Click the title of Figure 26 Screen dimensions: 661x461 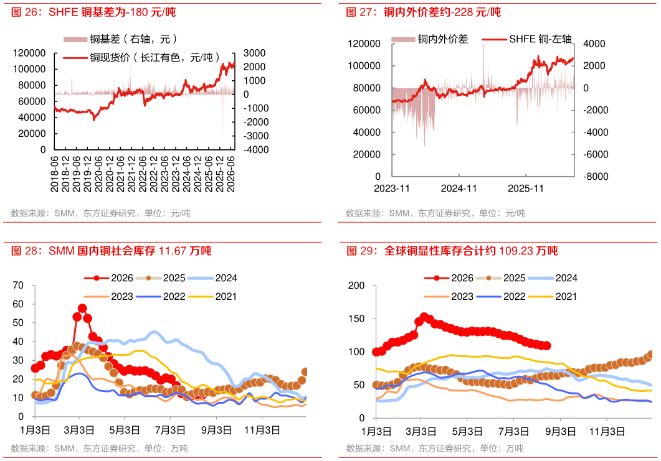pos(93,12)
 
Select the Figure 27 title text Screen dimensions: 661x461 pos(423,12)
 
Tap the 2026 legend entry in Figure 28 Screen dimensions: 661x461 pos(109,278)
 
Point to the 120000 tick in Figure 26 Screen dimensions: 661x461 pos(29,53)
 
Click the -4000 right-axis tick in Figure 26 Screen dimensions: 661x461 pos(256,150)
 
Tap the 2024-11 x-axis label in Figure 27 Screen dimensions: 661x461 pos(459,189)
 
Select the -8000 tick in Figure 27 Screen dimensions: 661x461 pos(596,177)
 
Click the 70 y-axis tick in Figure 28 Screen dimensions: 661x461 pos(18,286)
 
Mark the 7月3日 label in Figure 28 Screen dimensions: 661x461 pos(170,431)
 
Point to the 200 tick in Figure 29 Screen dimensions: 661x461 pos(356,286)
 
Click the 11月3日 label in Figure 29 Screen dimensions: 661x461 pos(607,431)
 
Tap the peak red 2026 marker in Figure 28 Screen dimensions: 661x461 pos(82,308)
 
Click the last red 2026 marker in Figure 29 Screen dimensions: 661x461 pos(547,346)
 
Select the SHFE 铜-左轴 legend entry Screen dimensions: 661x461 pos(527,39)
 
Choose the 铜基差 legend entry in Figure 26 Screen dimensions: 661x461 pos(121,39)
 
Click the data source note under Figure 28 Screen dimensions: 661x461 pos(100,449)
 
